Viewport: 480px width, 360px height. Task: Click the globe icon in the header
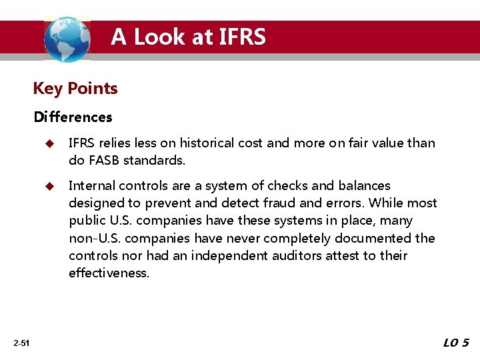point(67,39)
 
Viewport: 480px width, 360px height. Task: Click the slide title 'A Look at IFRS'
point(188,37)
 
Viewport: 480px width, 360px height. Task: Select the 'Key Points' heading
point(75,88)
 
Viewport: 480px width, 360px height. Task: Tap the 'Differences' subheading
point(73,117)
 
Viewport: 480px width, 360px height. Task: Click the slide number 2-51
point(21,343)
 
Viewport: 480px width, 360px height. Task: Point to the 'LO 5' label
point(456,343)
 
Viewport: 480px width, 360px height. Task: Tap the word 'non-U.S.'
point(93,238)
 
